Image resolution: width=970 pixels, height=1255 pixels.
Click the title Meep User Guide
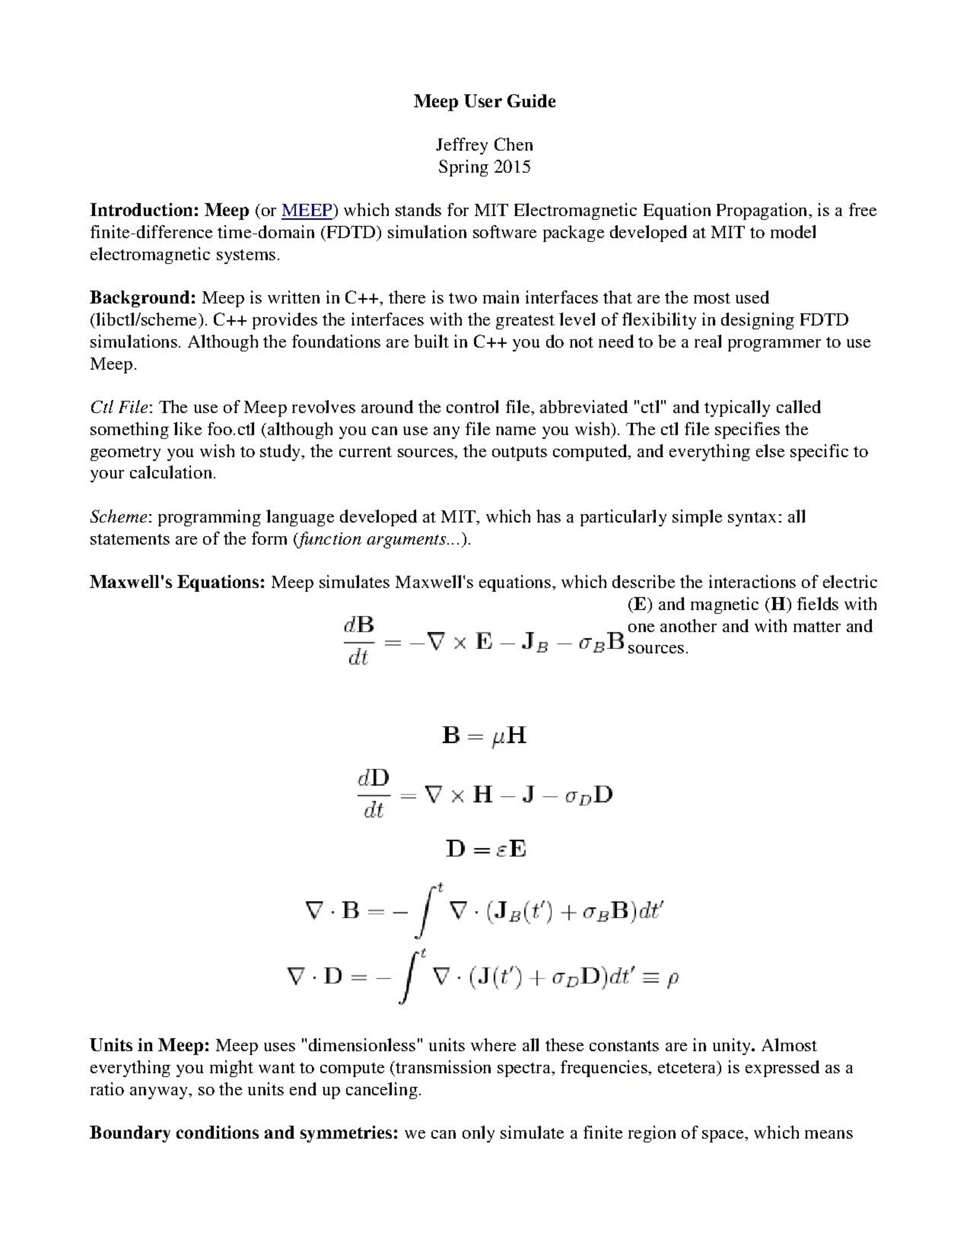pyautogui.click(x=484, y=102)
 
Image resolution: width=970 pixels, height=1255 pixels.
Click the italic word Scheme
pyautogui.click(x=118, y=517)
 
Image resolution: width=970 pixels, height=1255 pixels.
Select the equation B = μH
pyautogui.click(x=484, y=736)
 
